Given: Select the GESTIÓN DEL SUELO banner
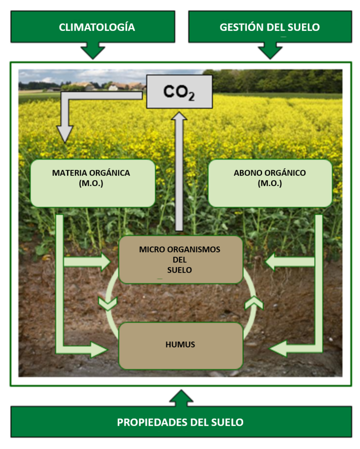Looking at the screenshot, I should (x=270, y=27).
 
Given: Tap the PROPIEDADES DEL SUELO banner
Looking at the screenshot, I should (x=180, y=422).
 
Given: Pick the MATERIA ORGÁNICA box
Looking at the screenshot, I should (x=93, y=183).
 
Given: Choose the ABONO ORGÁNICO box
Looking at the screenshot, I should (x=270, y=183).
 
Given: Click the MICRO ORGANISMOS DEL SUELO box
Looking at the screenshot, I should (x=180, y=260).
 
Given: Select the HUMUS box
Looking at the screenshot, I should (x=180, y=345).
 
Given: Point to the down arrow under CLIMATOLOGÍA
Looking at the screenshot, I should (x=93, y=51).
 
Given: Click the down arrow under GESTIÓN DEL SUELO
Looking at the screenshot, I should (x=270, y=51).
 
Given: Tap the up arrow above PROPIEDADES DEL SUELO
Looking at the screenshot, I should (x=180, y=398).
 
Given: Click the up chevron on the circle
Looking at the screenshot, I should (x=254, y=303).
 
